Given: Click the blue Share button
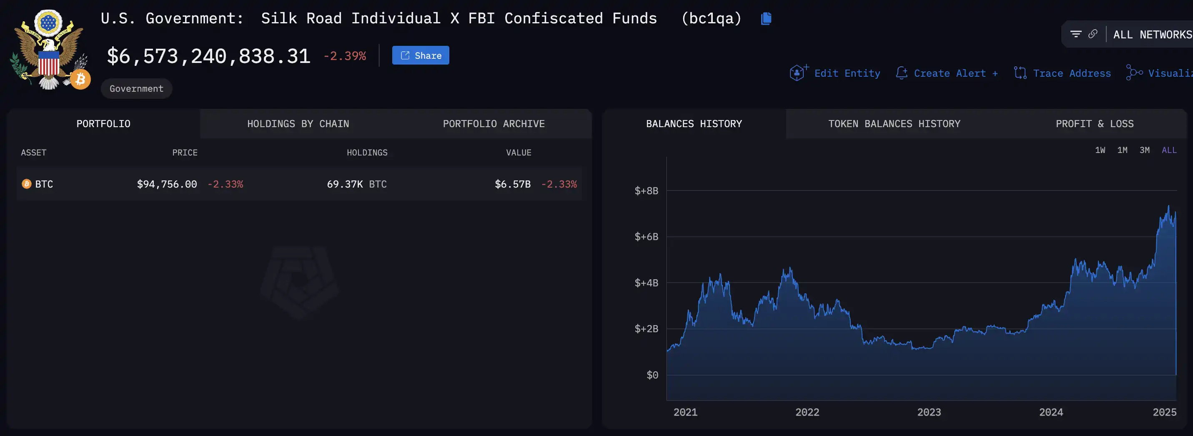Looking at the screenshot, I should click(420, 55).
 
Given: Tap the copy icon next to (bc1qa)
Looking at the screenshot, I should click(766, 18).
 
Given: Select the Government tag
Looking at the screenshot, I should click(136, 88).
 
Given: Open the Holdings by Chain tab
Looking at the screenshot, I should click(298, 124).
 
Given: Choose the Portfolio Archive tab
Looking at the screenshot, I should click(493, 124).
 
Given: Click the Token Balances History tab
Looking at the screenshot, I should click(894, 124).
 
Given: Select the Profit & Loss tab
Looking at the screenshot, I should click(1094, 124).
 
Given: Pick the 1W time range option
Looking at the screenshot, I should click(1100, 150).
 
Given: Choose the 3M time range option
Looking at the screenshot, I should click(1144, 150).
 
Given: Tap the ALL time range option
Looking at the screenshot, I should click(1169, 150).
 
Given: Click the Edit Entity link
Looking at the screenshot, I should click(847, 73).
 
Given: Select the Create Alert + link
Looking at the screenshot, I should click(955, 73).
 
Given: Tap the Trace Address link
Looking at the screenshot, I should click(1071, 73).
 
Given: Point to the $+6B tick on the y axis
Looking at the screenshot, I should click(646, 237).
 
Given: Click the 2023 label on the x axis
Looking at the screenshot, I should click(929, 412).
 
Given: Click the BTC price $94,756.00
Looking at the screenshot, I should click(167, 184).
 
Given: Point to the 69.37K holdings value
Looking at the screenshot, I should click(345, 184).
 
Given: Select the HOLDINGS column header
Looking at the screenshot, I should click(367, 153).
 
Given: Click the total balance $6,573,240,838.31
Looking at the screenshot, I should click(208, 56).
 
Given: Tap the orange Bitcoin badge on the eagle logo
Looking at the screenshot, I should click(80, 80).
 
